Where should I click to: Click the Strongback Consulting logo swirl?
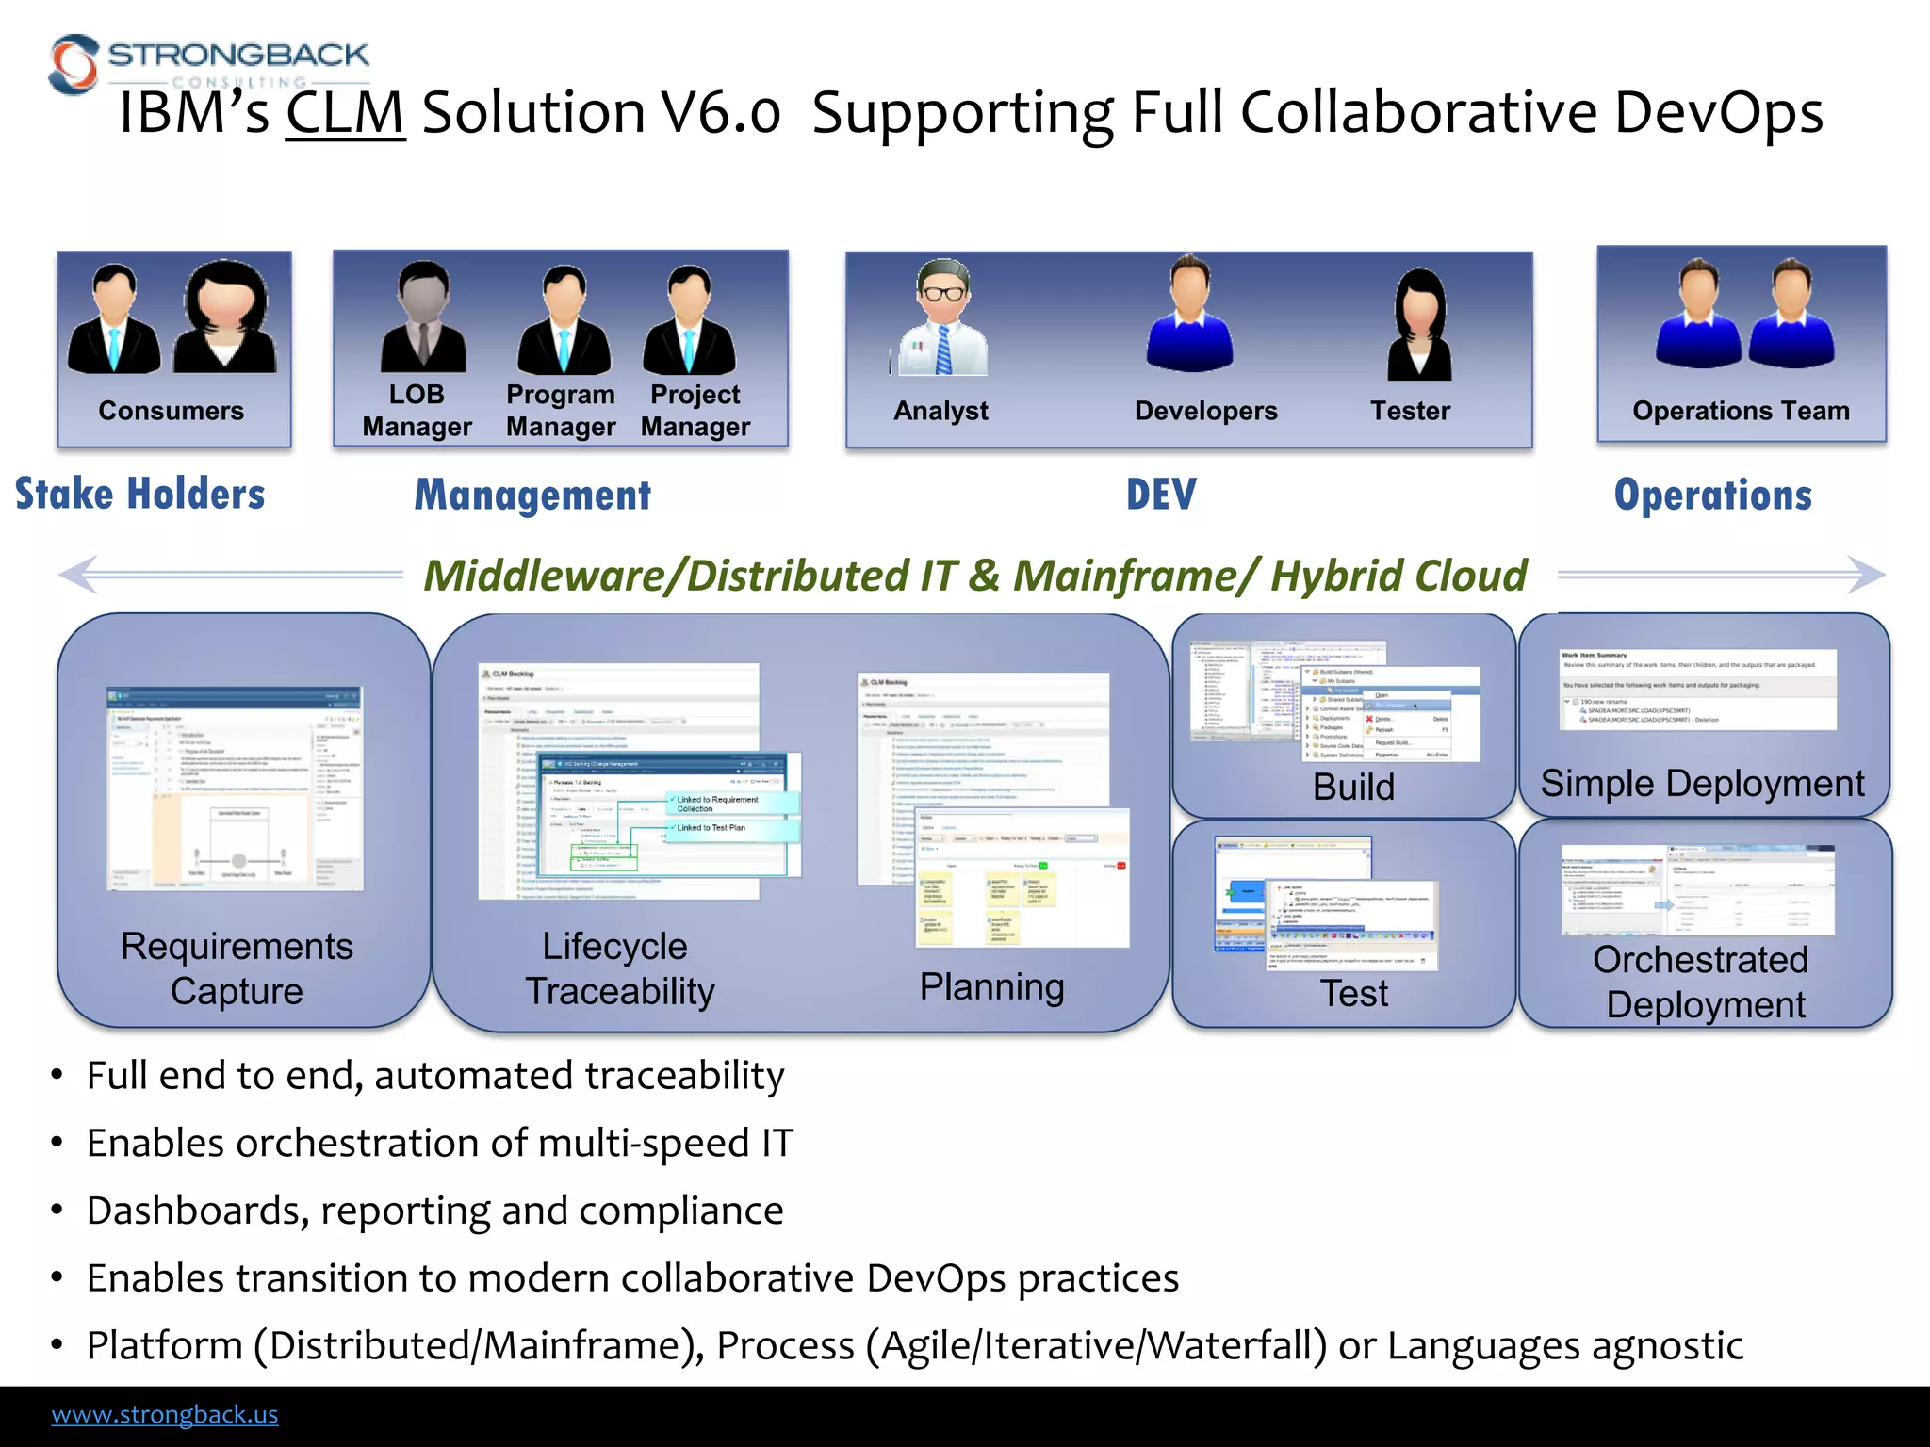point(74,64)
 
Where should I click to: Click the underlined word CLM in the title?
point(345,113)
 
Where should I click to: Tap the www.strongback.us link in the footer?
point(165,1414)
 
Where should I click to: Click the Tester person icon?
point(1419,325)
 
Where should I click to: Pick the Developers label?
point(1205,411)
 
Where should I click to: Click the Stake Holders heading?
point(140,495)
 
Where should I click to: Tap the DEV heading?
point(1161,495)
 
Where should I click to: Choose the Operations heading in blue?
point(1712,496)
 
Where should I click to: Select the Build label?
point(1353,787)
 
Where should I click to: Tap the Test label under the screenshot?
point(1353,993)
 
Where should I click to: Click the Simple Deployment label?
point(1702,784)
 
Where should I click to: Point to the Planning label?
point(991,986)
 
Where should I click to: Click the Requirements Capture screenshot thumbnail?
point(235,788)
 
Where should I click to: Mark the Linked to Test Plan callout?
point(711,828)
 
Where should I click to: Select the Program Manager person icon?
point(564,320)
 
